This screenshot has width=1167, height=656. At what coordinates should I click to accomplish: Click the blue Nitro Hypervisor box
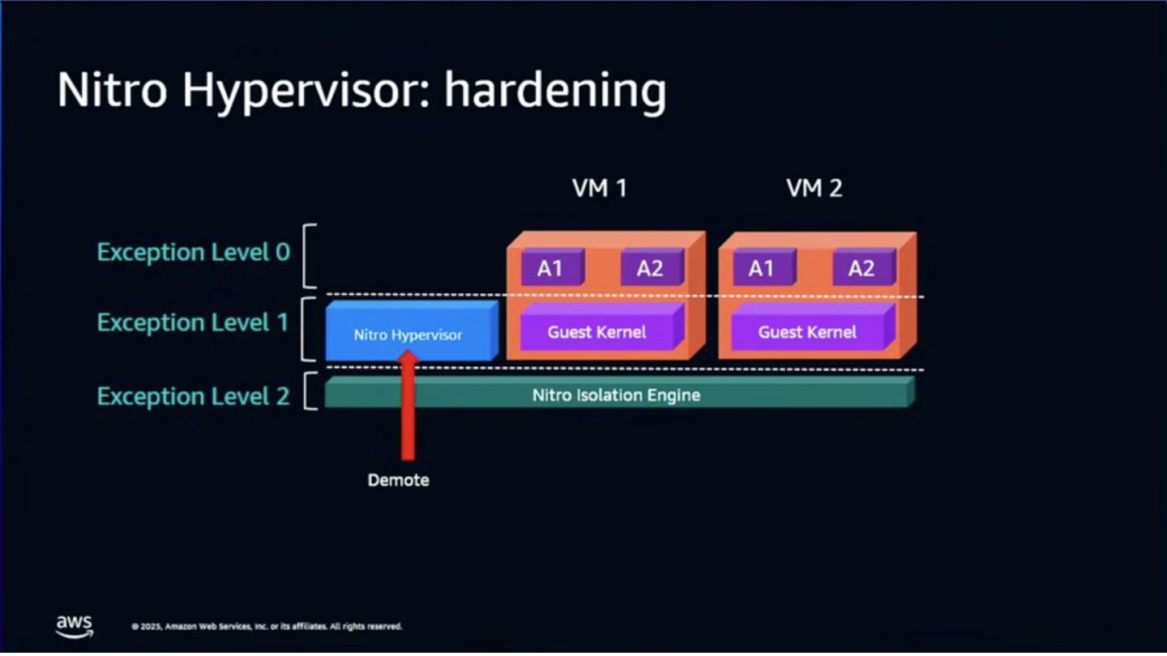pyautogui.click(x=408, y=334)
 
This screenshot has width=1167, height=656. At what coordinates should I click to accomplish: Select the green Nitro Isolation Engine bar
pyautogui.click(x=616, y=395)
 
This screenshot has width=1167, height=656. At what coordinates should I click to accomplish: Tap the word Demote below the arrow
pyautogui.click(x=398, y=480)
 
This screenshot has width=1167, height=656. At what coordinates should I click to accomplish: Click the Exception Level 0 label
pyautogui.click(x=193, y=253)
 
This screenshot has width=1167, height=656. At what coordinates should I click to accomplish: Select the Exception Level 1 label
pyautogui.click(x=193, y=322)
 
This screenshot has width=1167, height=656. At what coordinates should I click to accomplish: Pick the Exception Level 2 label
pyautogui.click(x=193, y=396)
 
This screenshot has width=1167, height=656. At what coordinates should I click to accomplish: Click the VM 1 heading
pyautogui.click(x=599, y=189)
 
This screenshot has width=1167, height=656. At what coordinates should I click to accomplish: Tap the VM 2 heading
pyautogui.click(x=814, y=189)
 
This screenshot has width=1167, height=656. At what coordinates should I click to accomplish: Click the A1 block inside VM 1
pyautogui.click(x=550, y=269)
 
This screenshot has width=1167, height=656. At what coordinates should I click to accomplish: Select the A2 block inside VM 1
pyautogui.click(x=649, y=269)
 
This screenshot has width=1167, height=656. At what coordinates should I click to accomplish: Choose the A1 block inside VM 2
pyautogui.click(x=761, y=269)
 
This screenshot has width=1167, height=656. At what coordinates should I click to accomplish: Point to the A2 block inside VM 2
pyautogui.click(x=861, y=269)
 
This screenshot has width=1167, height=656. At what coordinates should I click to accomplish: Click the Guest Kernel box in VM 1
pyautogui.click(x=597, y=332)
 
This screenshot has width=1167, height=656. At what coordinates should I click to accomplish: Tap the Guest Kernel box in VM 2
pyautogui.click(x=808, y=332)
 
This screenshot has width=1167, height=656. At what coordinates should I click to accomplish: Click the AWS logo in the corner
pyautogui.click(x=75, y=625)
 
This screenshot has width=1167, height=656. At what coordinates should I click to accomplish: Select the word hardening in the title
pyautogui.click(x=554, y=91)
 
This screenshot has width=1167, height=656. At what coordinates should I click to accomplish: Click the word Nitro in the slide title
pyautogui.click(x=113, y=91)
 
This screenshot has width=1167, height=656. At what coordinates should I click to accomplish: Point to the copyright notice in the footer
pyautogui.click(x=267, y=627)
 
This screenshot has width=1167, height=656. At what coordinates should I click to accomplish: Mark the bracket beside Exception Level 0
pyautogui.click(x=309, y=256)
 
